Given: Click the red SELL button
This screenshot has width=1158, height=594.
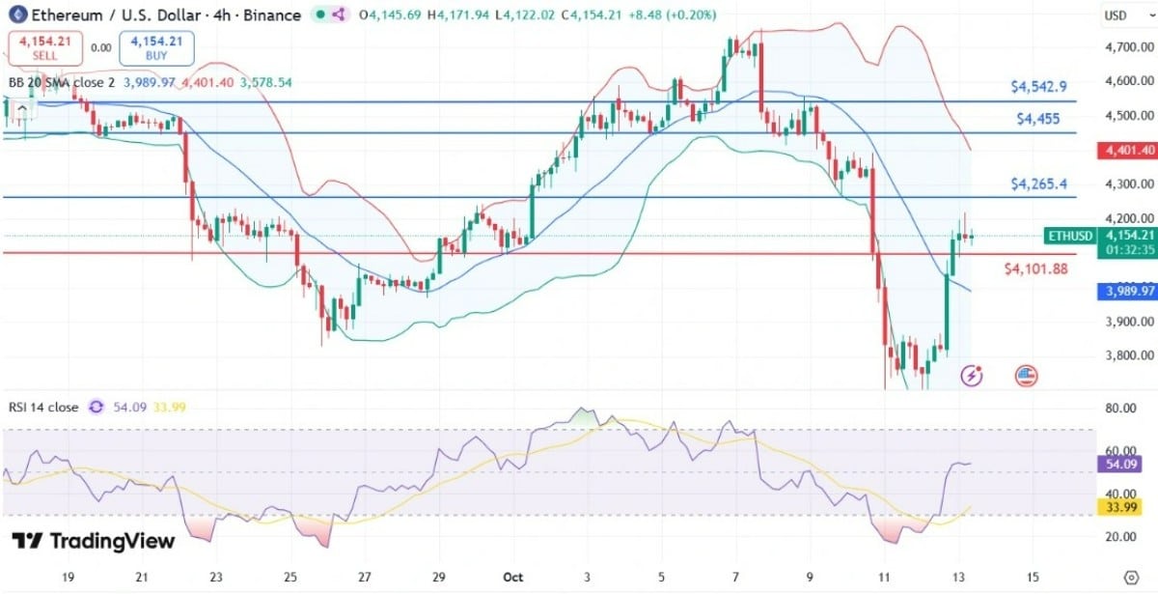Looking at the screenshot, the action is (45, 48).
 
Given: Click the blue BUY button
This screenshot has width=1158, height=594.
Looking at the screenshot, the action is (156, 48).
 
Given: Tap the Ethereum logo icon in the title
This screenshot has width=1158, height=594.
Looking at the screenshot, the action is (18, 14).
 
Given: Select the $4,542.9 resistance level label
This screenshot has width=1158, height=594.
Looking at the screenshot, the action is (1038, 86).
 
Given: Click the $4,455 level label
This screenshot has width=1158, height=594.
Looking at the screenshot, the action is (1038, 119).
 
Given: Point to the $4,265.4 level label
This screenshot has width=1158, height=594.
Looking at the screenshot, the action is (1038, 184).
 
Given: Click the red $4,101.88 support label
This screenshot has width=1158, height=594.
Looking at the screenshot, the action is (1036, 269).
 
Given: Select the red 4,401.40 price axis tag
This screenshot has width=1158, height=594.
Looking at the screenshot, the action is (1127, 150).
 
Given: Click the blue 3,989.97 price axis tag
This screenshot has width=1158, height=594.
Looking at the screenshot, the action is (1127, 291).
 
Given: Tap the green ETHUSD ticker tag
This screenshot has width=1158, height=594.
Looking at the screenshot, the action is (1069, 236).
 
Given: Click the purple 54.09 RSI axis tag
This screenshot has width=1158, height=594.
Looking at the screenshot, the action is (1119, 464).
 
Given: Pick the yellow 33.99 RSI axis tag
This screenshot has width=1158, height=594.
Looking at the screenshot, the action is (1119, 506).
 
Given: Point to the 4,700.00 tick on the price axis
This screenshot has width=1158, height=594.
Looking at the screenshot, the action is (1129, 47).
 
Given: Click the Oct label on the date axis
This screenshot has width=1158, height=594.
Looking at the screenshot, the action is (512, 577).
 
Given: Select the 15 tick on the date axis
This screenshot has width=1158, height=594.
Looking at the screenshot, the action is (1033, 577).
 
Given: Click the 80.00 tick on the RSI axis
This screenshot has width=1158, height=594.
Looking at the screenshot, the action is (1120, 408).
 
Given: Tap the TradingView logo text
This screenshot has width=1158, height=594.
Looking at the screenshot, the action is (94, 541).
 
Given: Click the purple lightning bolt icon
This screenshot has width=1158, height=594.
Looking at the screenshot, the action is (972, 376).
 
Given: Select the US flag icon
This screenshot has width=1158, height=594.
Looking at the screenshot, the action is (1026, 376).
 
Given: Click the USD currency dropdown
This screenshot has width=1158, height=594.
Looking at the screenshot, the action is (1128, 15).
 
